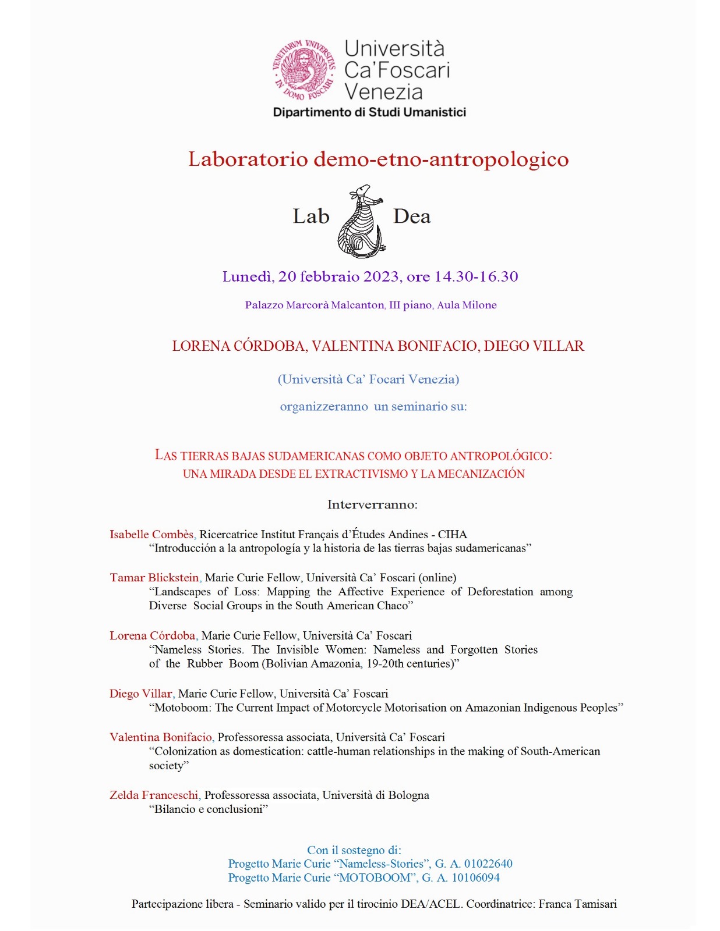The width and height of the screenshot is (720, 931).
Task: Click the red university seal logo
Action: [x=303, y=70]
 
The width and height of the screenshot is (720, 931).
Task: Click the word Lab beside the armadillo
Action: [x=310, y=216]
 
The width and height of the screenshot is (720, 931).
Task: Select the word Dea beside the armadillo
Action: [x=412, y=216]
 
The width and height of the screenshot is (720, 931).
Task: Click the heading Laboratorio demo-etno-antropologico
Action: [x=378, y=159]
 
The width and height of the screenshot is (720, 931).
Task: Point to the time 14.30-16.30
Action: [x=476, y=276]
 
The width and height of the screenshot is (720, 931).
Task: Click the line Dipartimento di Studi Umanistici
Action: [x=369, y=112]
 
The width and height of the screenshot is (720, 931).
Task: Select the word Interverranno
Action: [x=372, y=504]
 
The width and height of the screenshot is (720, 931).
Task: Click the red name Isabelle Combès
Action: [x=152, y=534]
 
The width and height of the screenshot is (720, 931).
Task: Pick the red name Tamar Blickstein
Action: [x=154, y=578]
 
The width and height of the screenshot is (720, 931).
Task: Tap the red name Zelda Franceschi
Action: [x=154, y=795]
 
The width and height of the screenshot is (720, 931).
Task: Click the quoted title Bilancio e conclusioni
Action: [x=209, y=809]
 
